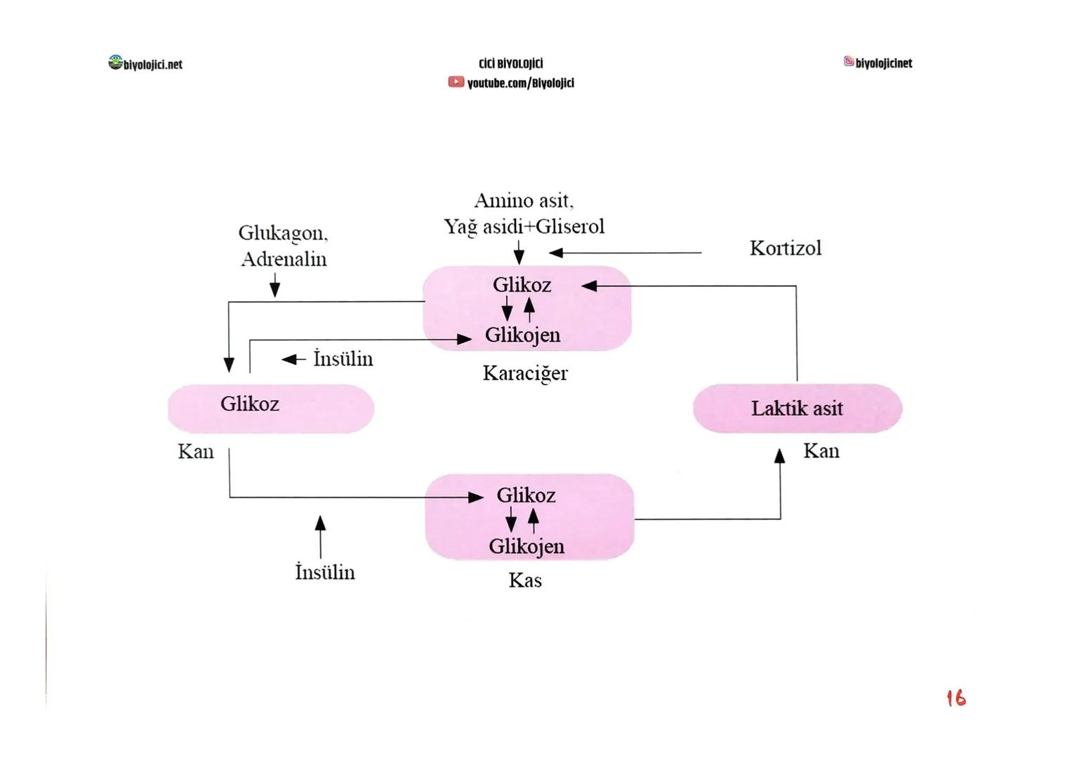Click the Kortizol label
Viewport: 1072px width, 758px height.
pyautogui.click(x=785, y=248)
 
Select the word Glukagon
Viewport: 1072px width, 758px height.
pyautogui.click(x=282, y=232)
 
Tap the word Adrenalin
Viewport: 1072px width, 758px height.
pyautogui.click(x=284, y=259)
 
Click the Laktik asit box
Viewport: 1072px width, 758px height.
pyautogui.click(x=797, y=408)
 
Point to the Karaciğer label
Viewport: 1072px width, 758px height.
pyautogui.click(x=525, y=373)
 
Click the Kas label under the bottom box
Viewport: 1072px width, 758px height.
pyautogui.click(x=525, y=580)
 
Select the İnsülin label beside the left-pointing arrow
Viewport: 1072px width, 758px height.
pyautogui.click(x=343, y=359)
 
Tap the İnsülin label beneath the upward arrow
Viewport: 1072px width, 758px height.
pyautogui.click(x=325, y=572)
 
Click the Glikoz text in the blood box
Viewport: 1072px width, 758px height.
pyautogui.click(x=250, y=404)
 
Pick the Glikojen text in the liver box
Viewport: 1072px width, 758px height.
pyautogui.click(x=523, y=335)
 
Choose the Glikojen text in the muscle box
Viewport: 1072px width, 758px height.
pyautogui.click(x=527, y=546)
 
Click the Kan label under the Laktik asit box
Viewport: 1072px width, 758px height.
pyautogui.click(x=821, y=451)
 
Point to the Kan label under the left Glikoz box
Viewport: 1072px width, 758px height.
pyautogui.click(x=196, y=451)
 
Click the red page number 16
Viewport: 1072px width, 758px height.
pyautogui.click(x=955, y=698)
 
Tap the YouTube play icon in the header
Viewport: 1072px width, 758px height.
pyautogui.click(x=456, y=83)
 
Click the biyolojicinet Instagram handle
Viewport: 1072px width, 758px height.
pyautogui.click(x=883, y=63)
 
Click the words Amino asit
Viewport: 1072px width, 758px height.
pyautogui.click(x=524, y=201)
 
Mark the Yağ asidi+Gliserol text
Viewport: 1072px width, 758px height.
pyautogui.click(x=524, y=227)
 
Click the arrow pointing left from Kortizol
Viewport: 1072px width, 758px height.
pyautogui.click(x=625, y=253)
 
